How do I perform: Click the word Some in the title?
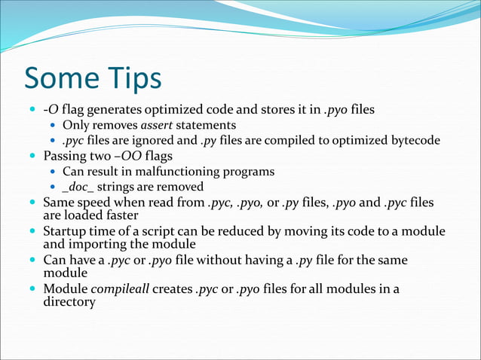tap(63, 78)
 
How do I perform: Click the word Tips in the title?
tap(133, 78)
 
